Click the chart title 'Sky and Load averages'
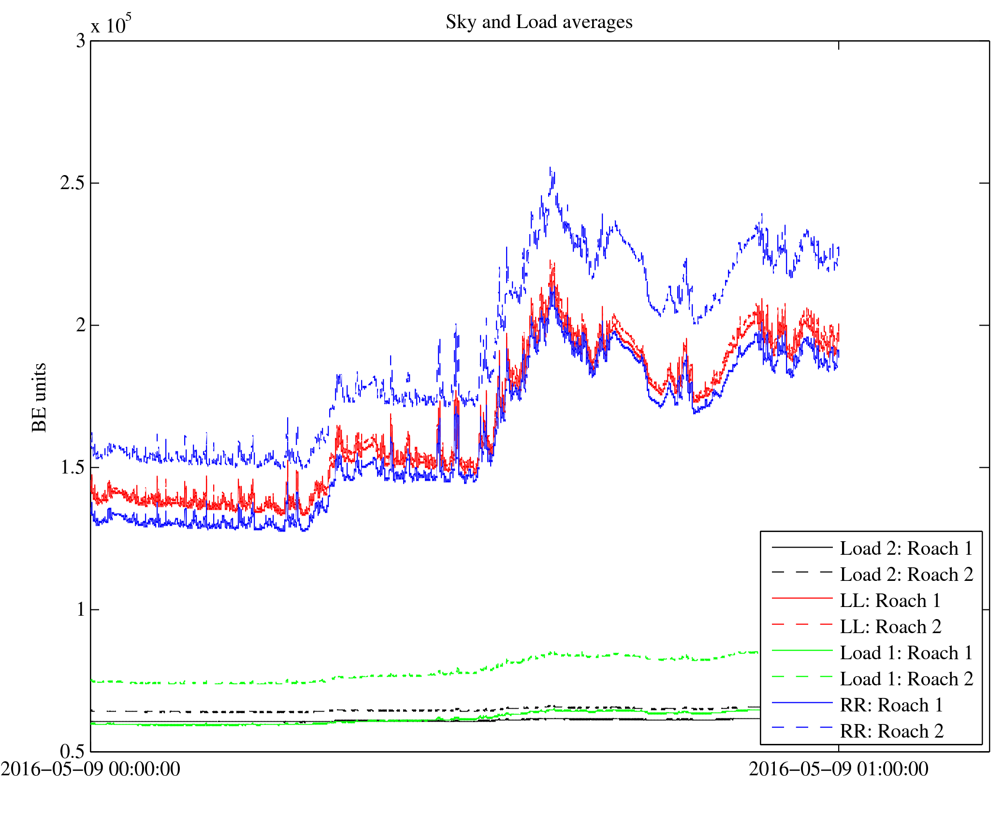[539, 22]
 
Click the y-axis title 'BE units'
[39, 397]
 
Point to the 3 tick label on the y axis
[80, 41]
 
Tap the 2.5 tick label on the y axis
[73, 183]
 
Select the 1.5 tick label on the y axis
[73, 468]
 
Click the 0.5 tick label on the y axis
[73, 752]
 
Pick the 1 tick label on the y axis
[80, 609]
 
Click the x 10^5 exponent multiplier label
[111, 24]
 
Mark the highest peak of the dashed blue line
[550, 168]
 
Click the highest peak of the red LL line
[550, 261]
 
